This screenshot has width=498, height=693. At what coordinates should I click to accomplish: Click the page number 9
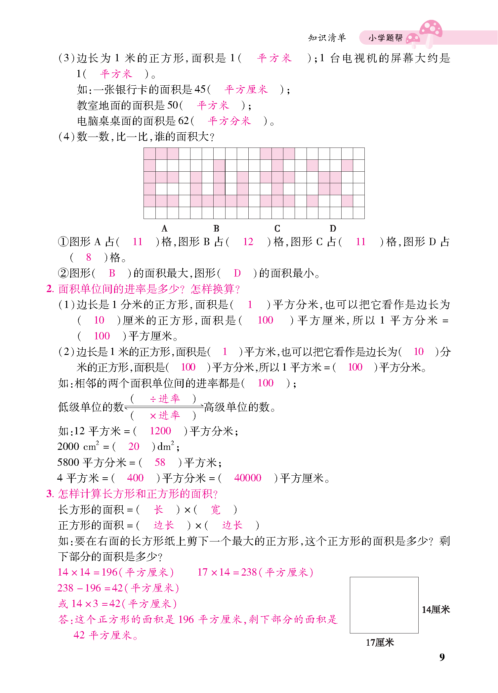(442, 657)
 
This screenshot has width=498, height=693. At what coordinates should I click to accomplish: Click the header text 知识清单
(327, 38)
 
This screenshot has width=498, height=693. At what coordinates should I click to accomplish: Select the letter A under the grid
(164, 229)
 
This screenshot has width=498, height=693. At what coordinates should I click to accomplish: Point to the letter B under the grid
(216, 229)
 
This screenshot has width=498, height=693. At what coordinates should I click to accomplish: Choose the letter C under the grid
(277, 229)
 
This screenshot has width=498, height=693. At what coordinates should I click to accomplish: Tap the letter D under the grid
(333, 229)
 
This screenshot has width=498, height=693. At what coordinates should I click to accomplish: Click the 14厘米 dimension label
(436, 610)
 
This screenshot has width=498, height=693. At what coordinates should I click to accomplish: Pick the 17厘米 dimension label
(380, 642)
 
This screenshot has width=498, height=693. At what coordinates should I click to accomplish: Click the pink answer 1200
(160, 431)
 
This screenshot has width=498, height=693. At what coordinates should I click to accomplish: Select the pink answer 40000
(247, 478)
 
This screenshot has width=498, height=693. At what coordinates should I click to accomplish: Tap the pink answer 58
(160, 462)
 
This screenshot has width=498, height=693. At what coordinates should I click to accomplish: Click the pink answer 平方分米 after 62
(229, 121)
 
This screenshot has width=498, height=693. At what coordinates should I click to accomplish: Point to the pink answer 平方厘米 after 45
(246, 90)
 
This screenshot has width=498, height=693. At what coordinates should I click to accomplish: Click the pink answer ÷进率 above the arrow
(164, 399)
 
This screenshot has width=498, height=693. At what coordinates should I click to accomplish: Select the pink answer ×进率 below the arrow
(164, 415)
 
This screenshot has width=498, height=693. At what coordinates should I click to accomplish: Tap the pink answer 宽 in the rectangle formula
(215, 509)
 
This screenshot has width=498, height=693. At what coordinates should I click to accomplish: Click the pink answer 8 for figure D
(88, 257)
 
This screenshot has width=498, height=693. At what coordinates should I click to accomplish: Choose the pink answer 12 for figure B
(248, 242)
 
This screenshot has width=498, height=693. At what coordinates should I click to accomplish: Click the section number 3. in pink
(50, 494)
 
